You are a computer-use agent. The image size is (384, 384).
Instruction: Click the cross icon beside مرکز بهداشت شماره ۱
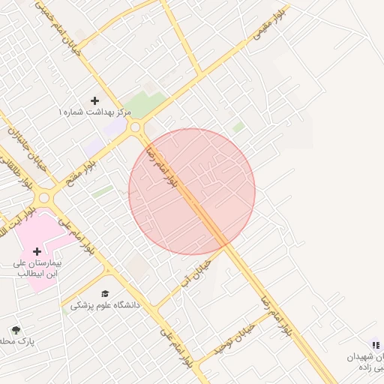(x=94, y=100)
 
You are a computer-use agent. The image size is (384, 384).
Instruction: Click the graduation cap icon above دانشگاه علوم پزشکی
(x=105, y=292)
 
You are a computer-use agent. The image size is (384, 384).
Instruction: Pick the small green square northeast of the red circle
(x=238, y=127)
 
